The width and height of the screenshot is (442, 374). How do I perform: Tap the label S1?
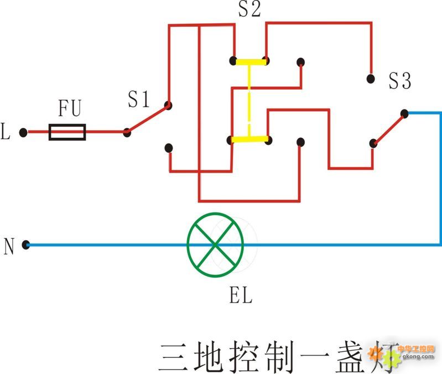coord(138,99)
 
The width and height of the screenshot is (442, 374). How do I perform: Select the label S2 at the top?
coord(249,9)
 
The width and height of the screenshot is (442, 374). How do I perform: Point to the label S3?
coord(400,81)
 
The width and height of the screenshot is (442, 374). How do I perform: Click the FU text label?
coord(70,108)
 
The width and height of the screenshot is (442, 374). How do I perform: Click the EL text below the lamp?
coord(241,295)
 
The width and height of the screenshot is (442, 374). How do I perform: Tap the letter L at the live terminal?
coord(6,131)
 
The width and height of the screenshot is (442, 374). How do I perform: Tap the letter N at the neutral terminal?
coord(9,246)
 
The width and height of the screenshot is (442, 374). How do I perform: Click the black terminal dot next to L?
coord(23,132)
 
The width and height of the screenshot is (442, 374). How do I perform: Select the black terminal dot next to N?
coord(26,245)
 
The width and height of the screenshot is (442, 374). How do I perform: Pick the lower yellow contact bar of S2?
coord(249,139)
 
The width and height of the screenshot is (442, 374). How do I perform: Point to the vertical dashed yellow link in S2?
coord(249,101)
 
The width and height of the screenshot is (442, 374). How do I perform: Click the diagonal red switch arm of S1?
coord(148,119)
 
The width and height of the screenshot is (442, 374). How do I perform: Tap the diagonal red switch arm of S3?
coord(389,129)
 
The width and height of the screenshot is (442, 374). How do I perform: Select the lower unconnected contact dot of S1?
coord(169,148)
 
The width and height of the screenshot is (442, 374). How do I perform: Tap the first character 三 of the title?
coord(173,357)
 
